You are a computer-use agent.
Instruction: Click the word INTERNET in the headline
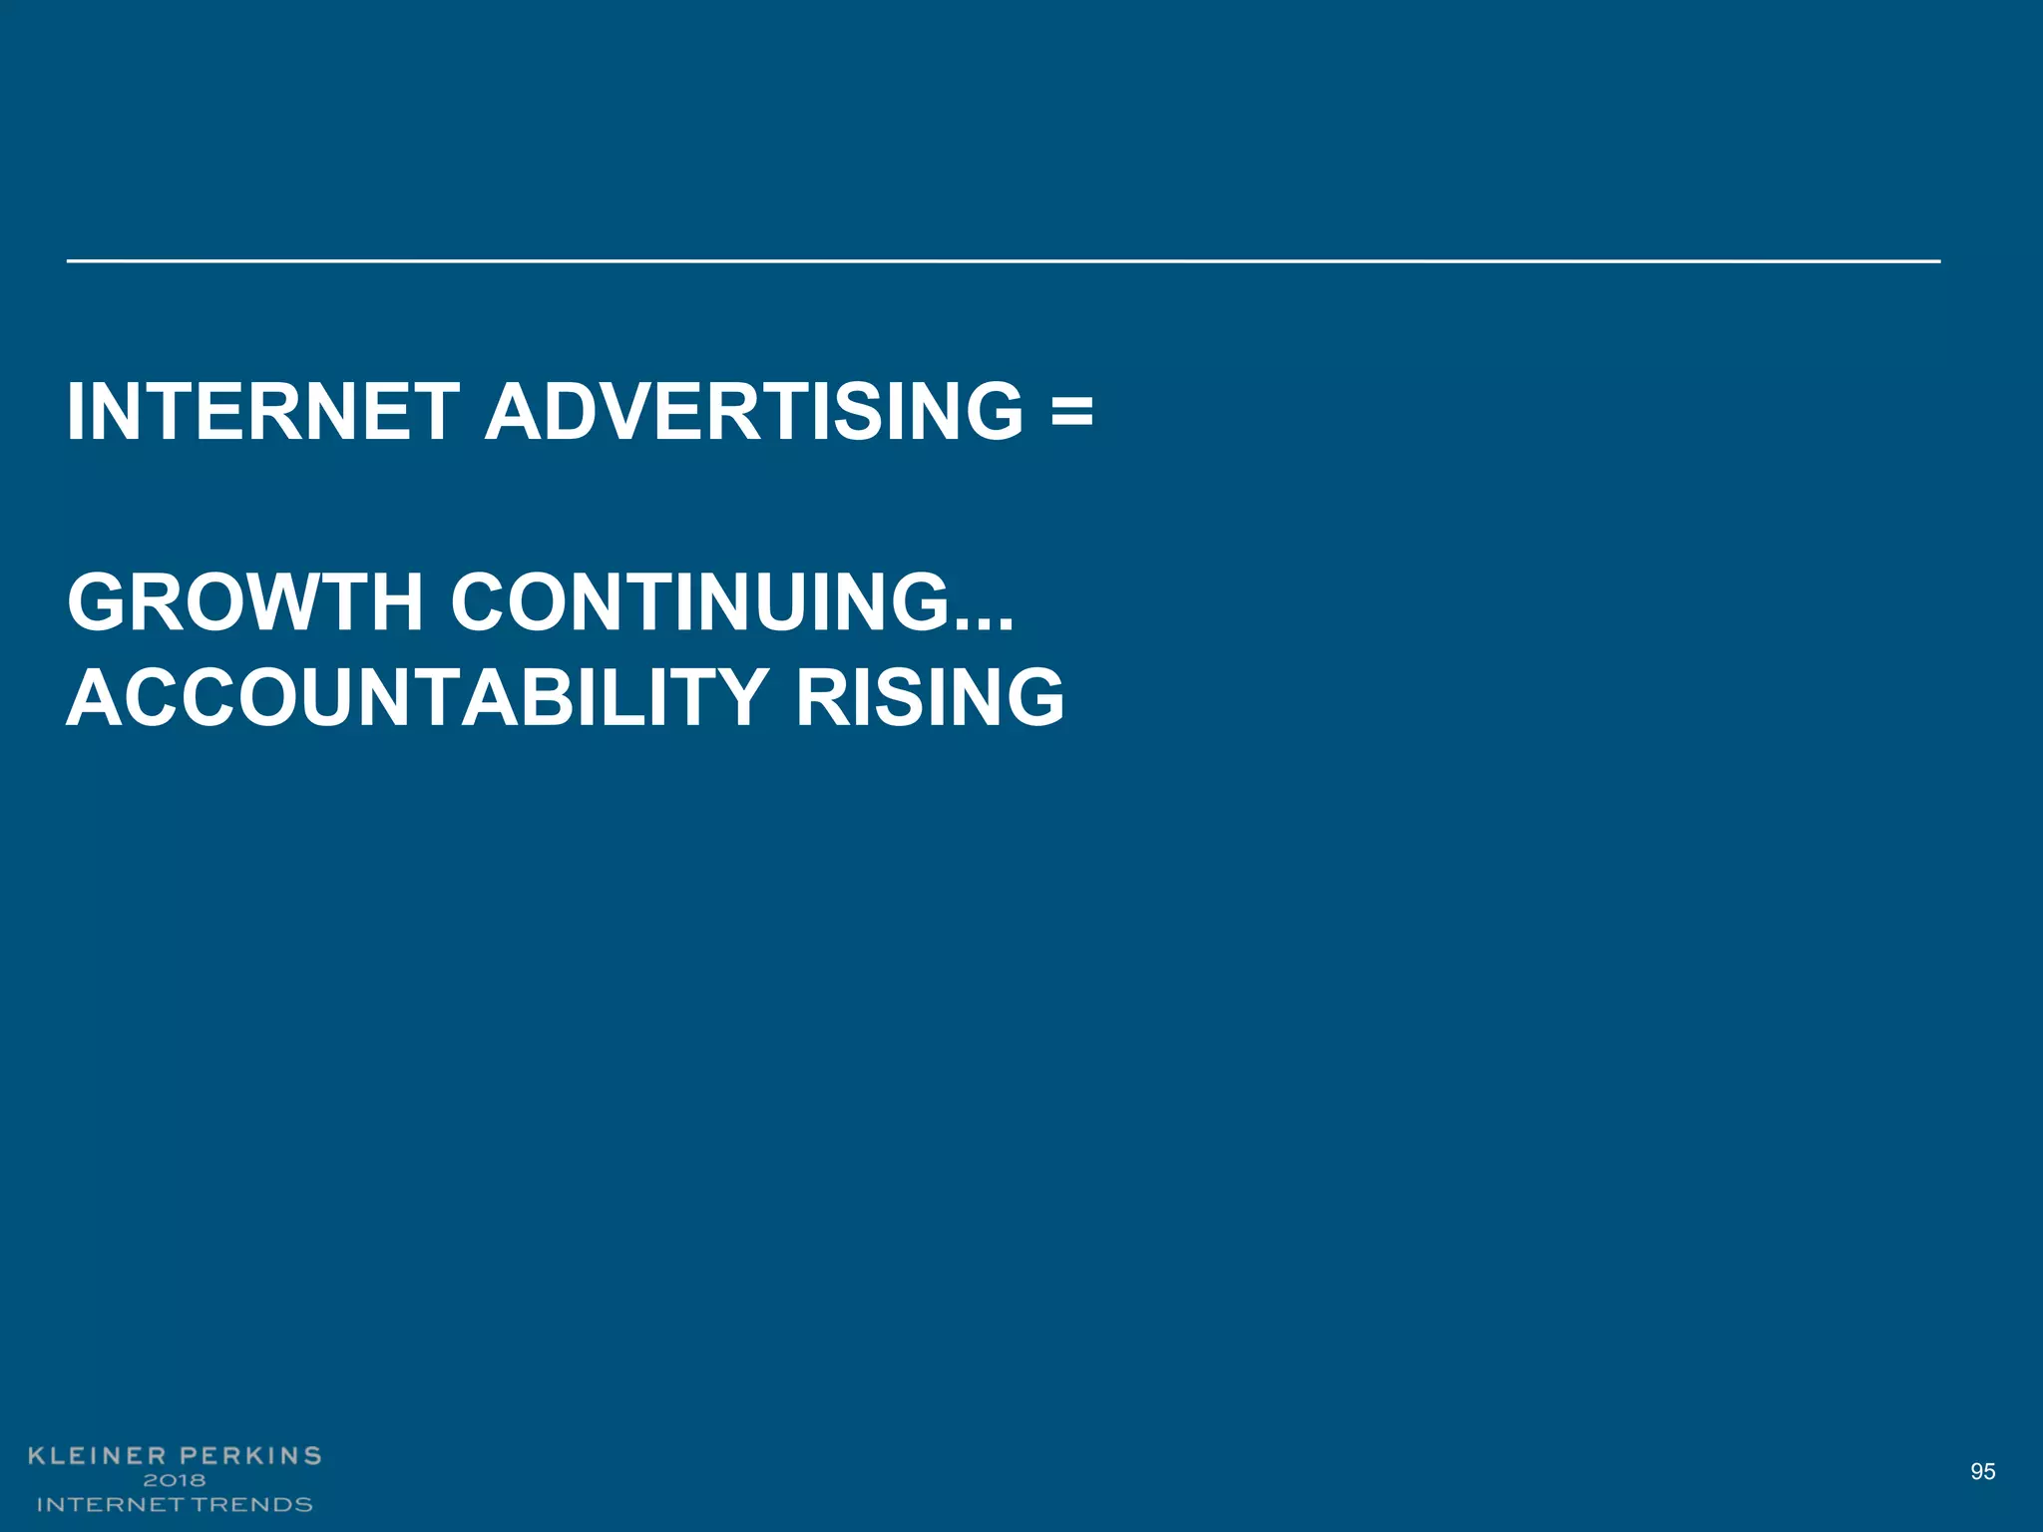click(x=262, y=412)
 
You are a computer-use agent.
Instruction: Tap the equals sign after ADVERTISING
click(x=1071, y=412)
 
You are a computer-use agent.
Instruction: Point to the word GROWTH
click(x=245, y=602)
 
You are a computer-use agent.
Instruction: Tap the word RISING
click(x=930, y=697)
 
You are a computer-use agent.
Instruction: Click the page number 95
click(x=1983, y=1471)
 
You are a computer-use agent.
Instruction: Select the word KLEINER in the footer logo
click(x=96, y=1456)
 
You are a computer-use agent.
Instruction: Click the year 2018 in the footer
click(x=175, y=1480)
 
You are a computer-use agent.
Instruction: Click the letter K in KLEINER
click(x=38, y=1456)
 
